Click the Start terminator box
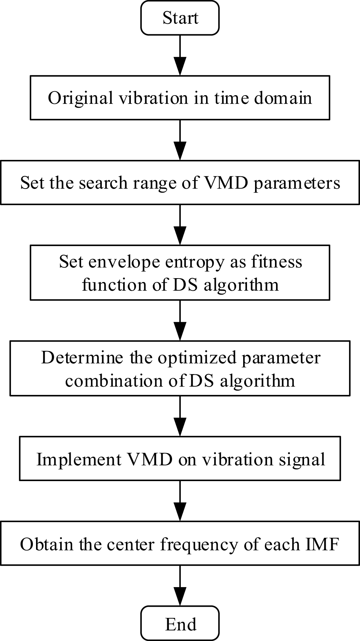(x=180, y=18)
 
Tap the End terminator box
(x=180, y=624)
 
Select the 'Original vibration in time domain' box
(x=180, y=98)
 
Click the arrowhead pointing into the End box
(x=180, y=598)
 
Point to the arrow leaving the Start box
(x=180, y=52)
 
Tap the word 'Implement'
(x=79, y=459)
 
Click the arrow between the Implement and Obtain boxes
(x=180, y=500)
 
